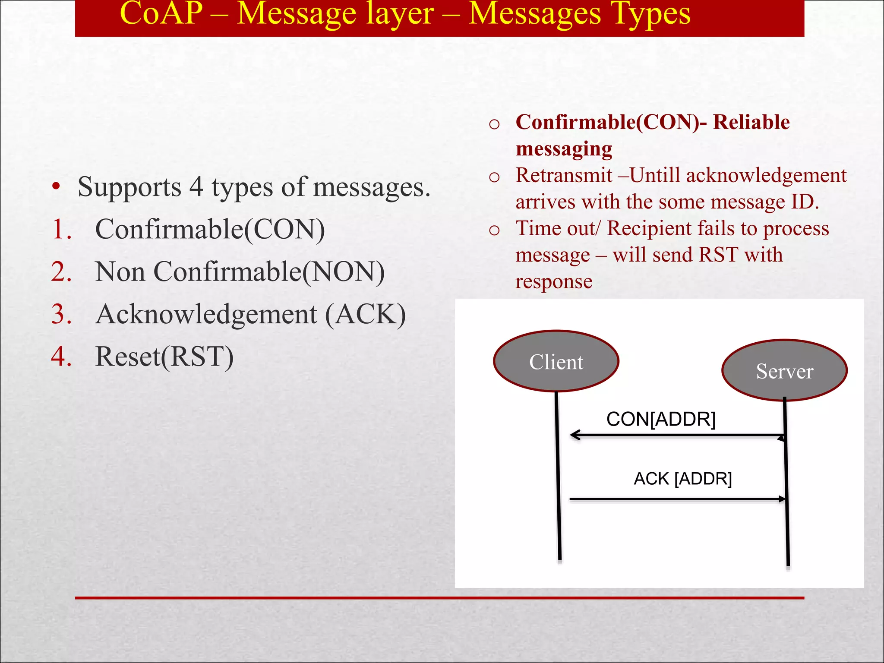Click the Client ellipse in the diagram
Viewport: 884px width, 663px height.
click(x=556, y=361)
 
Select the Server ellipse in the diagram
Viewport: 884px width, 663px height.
click(x=784, y=371)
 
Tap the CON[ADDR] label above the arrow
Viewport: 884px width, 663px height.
click(x=661, y=419)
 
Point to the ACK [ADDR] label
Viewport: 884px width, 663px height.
click(x=682, y=479)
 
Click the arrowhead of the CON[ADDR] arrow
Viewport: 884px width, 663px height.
click(x=575, y=435)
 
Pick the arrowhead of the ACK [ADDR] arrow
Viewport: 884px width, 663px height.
click(x=782, y=499)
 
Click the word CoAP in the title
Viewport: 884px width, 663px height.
click(x=161, y=14)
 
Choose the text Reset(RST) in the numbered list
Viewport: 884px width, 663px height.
click(x=164, y=357)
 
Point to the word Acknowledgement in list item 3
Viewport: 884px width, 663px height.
click(x=207, y=314)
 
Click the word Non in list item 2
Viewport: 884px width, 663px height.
click(x=120, y=272)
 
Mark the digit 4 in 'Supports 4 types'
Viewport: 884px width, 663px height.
click(x=196, y=187)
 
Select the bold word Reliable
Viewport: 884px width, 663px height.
click(x=751, y=122)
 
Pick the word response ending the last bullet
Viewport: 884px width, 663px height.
click(x=554, y=282)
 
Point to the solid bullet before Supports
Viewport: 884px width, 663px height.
click(x=56, y=187)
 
